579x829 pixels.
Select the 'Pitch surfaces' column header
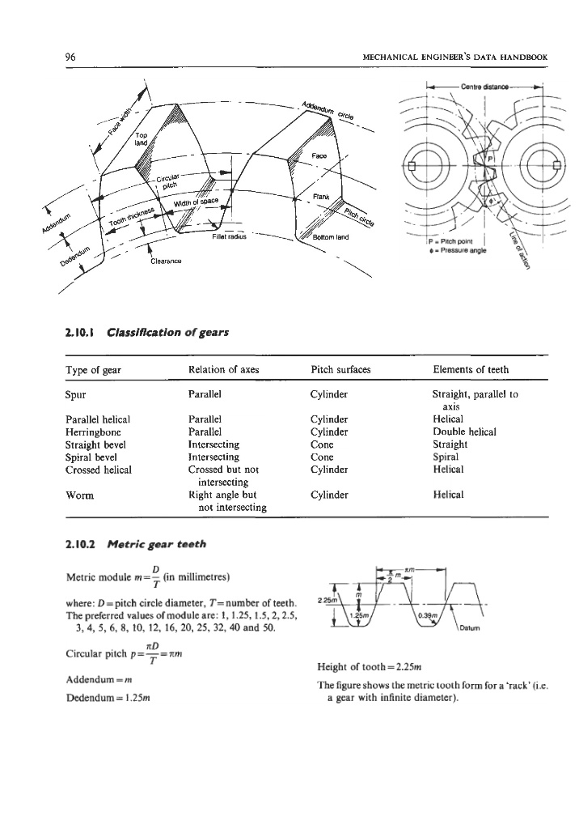(340, 370)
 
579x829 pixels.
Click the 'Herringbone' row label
(94, 432)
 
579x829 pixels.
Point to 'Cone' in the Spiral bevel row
(323, 456)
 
